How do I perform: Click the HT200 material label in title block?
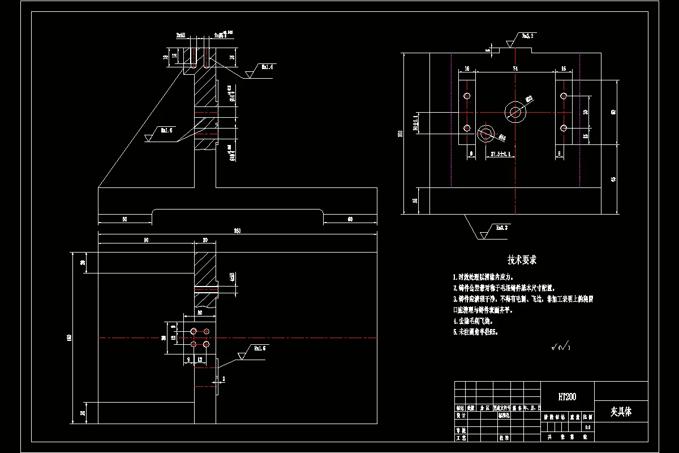pos(567,397)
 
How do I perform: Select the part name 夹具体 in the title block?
pos(621,412)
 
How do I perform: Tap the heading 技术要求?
pos(522,260)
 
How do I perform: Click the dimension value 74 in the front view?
pos(515,68)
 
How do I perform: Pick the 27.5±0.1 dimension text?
pos(501,153)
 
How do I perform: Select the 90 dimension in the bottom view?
pos(145,240)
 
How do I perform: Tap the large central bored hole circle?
pos(515,112)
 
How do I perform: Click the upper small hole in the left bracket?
pos(467,95)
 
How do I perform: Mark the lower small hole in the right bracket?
pos(564,128)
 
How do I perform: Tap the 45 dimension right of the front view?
pos(614,180)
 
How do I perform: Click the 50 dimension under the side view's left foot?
pos(124,219)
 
